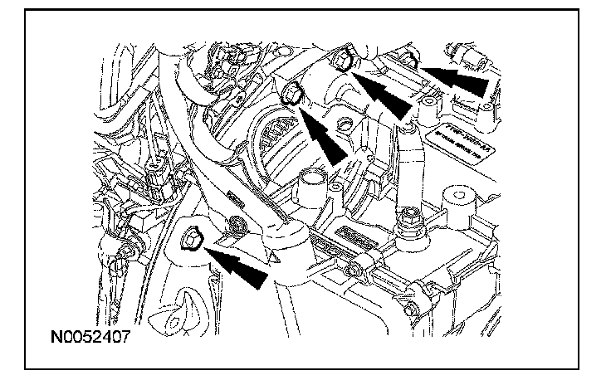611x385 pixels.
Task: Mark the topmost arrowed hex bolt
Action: point(343,60)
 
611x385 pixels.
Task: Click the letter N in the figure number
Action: point(56,338)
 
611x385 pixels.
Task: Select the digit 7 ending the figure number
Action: point(125,338)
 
